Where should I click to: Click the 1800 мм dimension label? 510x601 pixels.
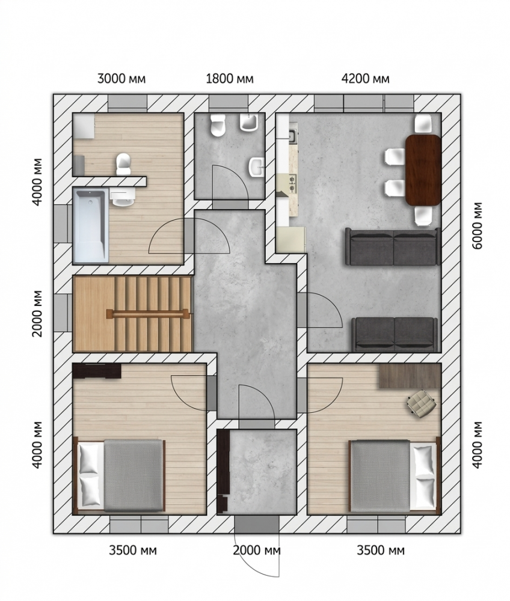point(229,79)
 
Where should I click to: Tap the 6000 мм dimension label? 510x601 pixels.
point(478,225)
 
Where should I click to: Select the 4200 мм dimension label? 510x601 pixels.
point(365,79)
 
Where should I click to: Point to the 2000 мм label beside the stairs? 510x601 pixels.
point(37,313)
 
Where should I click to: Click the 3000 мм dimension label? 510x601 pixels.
point(121,79)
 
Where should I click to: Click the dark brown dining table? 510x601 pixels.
point(423,170)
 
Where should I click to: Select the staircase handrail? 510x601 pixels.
point(147,313)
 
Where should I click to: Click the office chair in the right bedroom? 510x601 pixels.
point(422,401)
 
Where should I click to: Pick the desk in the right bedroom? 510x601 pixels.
point(410,376)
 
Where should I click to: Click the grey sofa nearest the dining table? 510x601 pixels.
point(393,246)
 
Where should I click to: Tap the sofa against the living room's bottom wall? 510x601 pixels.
point(395,335)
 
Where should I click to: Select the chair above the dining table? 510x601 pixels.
point(423,123)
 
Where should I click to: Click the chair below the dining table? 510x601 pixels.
point(423,215)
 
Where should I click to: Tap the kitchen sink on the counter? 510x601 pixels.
point(292,136)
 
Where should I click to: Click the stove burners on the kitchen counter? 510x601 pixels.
point(292,183)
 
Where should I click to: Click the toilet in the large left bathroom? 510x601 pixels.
point(123,164)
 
